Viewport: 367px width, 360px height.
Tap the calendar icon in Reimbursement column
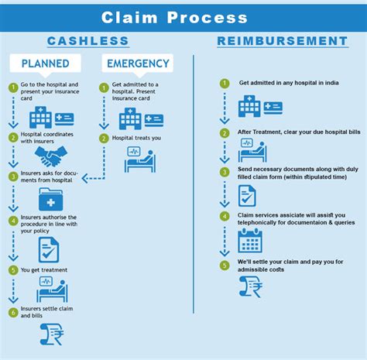pyautogui.click(x=250, y=241)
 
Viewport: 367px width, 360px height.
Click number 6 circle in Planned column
pyautogui.click(x=13, y=312)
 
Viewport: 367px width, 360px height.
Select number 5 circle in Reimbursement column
pyautogui.click(x=225, y=266)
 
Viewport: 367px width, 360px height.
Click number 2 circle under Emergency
pyautogui.click(x=104, y=139)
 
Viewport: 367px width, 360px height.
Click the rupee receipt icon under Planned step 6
pyautogui.click(x=51, y=334)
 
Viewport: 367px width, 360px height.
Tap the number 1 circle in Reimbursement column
pyautogui.click(x=225, y=83)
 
